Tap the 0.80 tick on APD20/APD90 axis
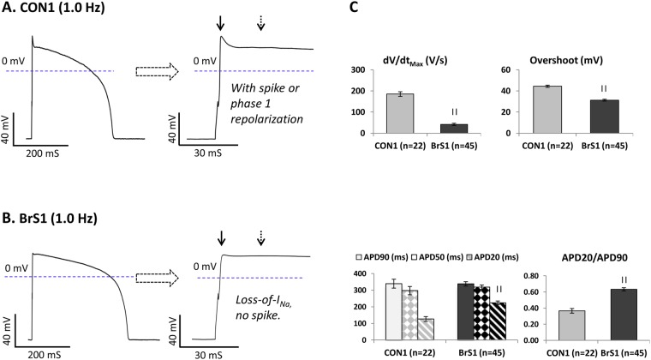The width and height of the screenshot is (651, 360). click(492, 275)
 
